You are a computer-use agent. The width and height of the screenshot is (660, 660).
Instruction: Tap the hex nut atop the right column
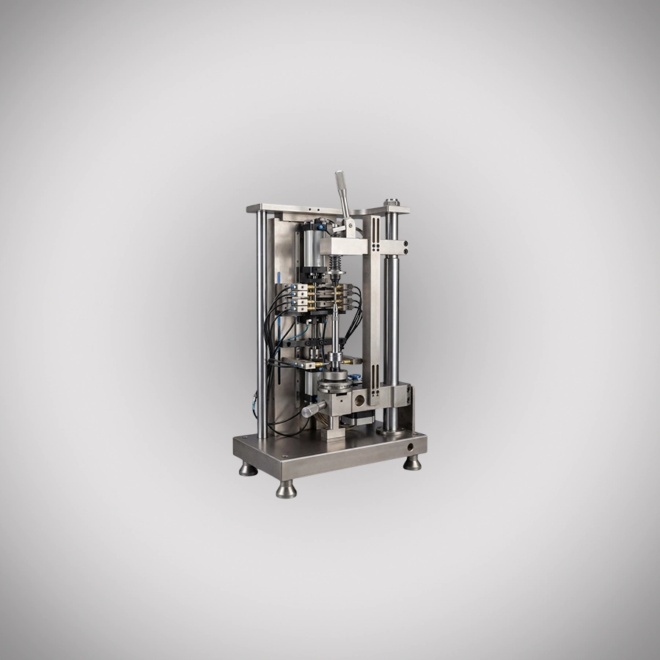pyautogui.click(x=393, y=199)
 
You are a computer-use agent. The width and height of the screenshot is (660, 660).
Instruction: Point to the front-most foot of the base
pyautogui.click(x=286, y=489)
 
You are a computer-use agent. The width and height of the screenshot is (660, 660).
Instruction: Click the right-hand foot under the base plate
pyautogui.click(x=413, y=462)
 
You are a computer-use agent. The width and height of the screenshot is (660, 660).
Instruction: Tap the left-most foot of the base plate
pyautogui.click(x=248, y=468)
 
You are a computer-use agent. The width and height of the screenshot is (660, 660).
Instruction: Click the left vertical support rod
pyautogui.click(x=262, y=323)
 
